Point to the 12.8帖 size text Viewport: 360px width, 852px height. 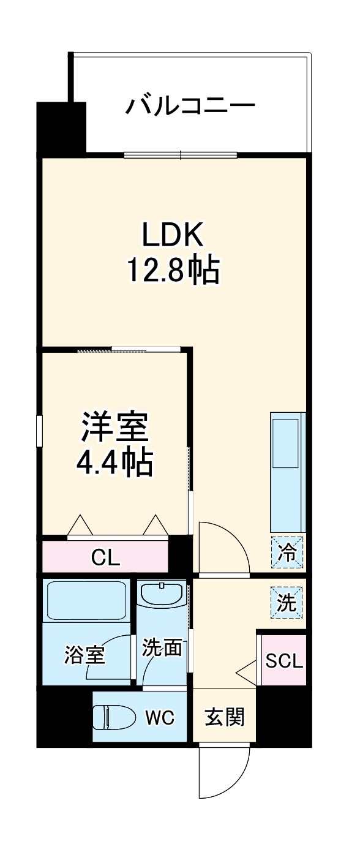(x=173, y=270)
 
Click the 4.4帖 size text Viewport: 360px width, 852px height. (x=114, y=464)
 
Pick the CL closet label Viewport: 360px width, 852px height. (x=105, y=557)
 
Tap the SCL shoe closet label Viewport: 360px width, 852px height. (x=283, y=661)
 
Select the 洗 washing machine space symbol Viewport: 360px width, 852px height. (x=287, y=603)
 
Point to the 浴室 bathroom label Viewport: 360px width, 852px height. (x=84, y=654)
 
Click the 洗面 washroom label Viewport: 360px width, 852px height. (x=162, y=647)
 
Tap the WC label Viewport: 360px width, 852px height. (x=160, y=717)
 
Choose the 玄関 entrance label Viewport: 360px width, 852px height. (x=224, y=717)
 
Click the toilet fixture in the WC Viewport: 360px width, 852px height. (x=115, y=717)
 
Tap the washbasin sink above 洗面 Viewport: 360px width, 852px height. (x=162, y=594)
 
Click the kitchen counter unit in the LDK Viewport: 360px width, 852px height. (x=287, y=472)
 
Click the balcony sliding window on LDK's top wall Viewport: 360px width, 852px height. (x=181, y=154)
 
